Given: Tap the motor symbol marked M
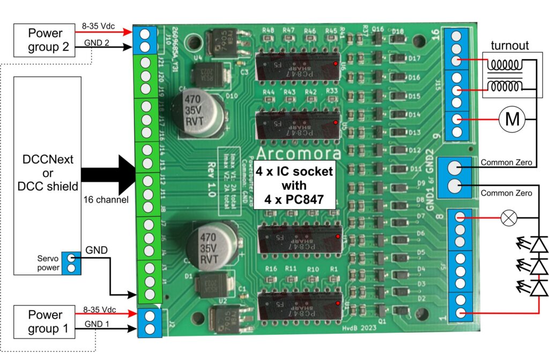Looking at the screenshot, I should coord(513,119).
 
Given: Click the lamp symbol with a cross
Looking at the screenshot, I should coord(507,218).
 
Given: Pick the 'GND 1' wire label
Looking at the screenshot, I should coord(97,324).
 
